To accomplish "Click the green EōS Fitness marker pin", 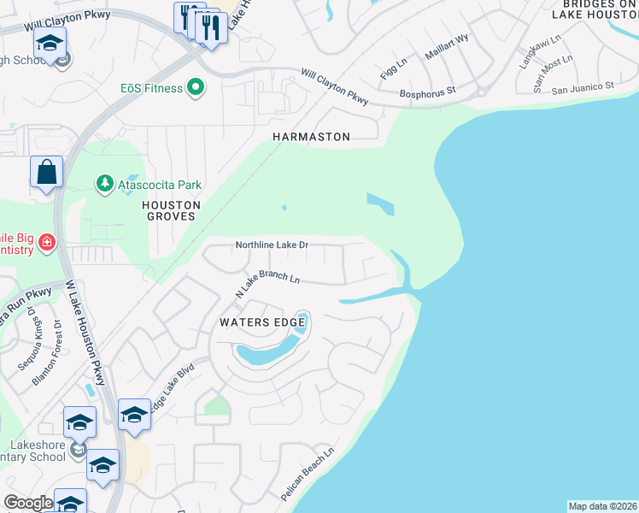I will [x=196, y=88].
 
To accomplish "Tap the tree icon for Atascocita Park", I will [x=105, y=184].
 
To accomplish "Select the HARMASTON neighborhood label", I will [x=311, y=137].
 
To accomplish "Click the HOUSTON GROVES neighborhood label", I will [x=171, y=211].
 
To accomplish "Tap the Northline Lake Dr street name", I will [x=272, y=245].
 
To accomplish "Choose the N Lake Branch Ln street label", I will [x=268, y=286].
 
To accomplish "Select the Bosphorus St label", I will [x=428, y=90].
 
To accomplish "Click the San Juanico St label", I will [x=583, y=87].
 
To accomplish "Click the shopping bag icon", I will [x=46, y=172].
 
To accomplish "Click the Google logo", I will [x=28, y=503].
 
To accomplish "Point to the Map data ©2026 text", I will [x=602, y=506].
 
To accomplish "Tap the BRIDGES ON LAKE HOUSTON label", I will [x=596, y=9].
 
